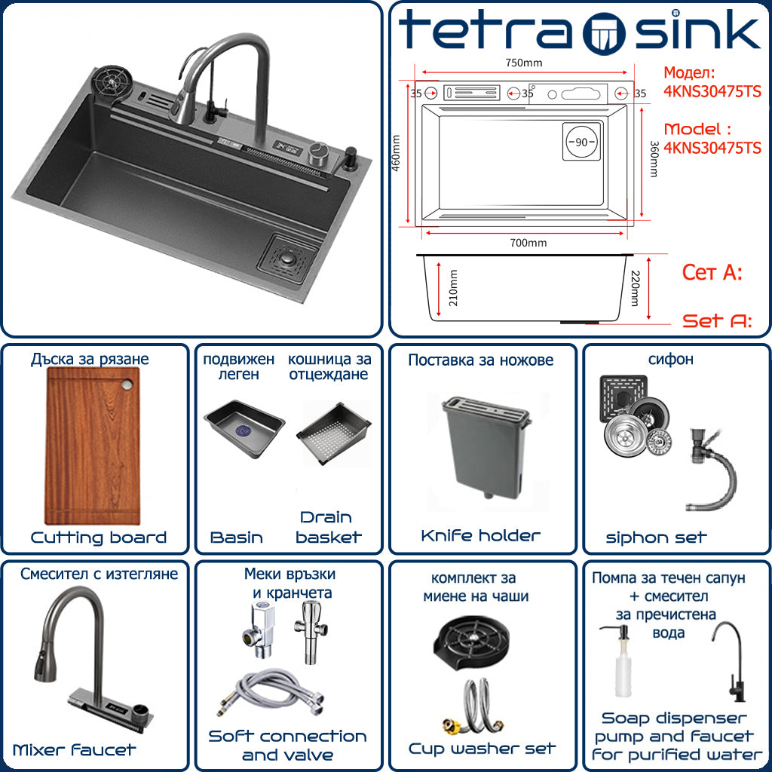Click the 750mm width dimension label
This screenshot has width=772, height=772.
(x=523, y=63)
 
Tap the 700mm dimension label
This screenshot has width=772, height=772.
(x=528, y=243)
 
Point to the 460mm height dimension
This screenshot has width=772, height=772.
(x=396, y=153)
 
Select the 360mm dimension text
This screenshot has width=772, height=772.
(x=654, y=159)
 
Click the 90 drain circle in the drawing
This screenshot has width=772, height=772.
(x=581, y=142)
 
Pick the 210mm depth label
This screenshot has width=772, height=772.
(x=453, y=288)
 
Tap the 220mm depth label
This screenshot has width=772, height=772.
(x=635, y=288)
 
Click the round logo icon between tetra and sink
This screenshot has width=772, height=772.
(x=604, y=33)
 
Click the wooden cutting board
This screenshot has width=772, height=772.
(x=93, y=446)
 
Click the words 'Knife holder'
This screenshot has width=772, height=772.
(x=480, y=536)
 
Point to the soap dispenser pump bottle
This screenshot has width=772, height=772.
(x=623, y=661)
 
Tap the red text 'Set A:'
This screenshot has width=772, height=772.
(x=717, y=321)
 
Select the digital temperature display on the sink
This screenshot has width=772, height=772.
(x=288, y=148)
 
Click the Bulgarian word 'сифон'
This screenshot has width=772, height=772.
(x=670, y=360)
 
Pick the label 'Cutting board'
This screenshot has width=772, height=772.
(x=99, y=537)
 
